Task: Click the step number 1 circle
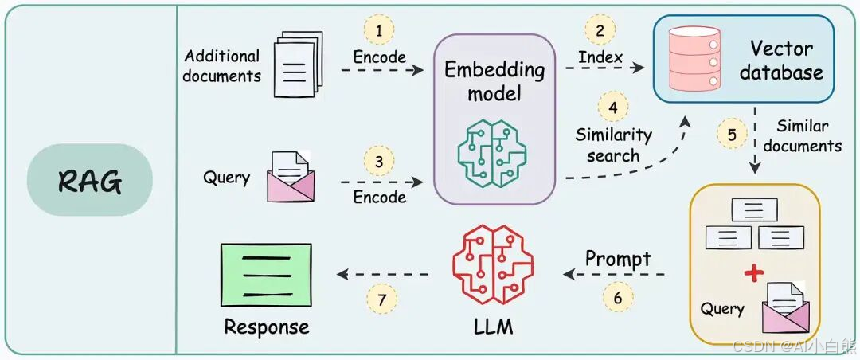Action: [379, 31]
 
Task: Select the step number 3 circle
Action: [379, 162]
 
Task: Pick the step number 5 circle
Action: [732, 133]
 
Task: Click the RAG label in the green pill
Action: [89, 182]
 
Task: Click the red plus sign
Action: [752, 273]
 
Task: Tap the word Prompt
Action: [618, 259]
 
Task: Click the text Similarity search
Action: [613, 145]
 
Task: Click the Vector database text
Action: [780, 60]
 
